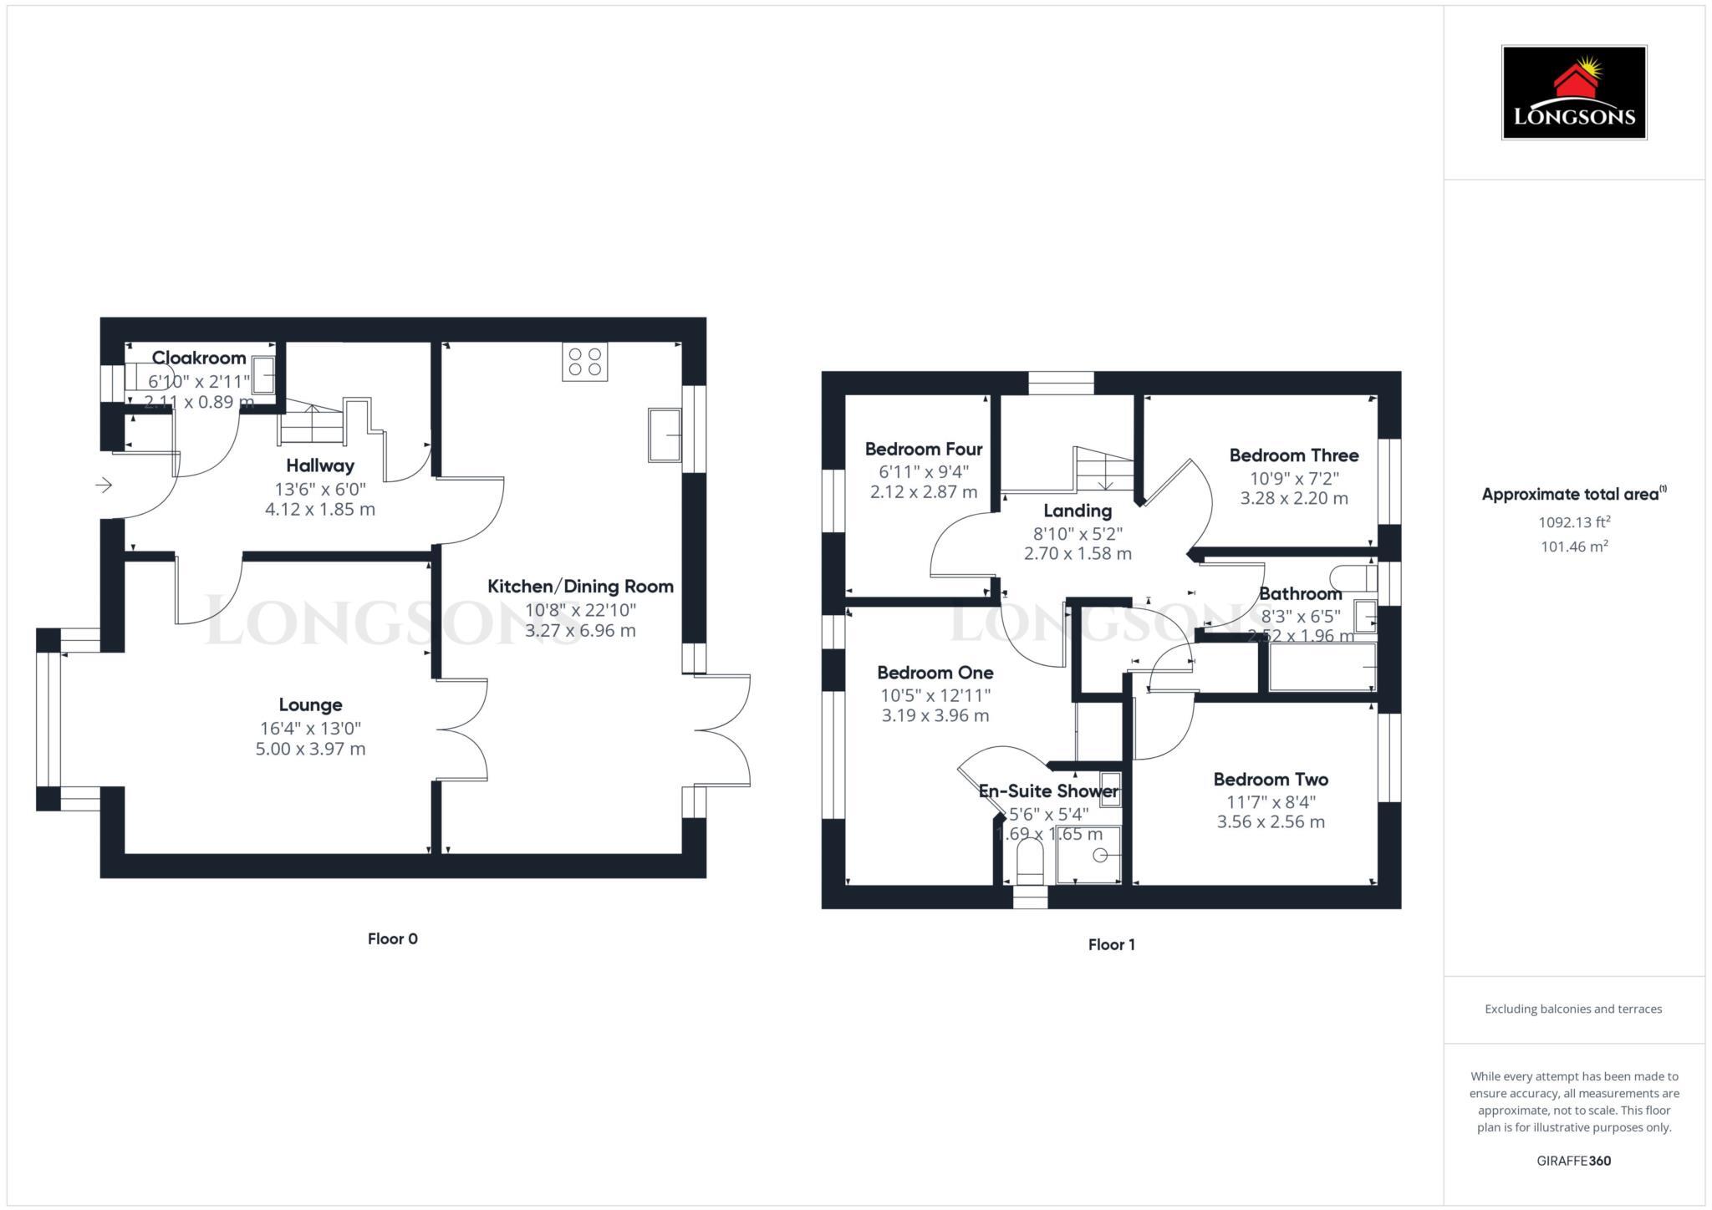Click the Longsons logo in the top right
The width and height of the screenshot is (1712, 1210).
click(x=1573, y=92)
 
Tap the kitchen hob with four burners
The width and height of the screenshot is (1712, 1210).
click(x=584, y=362)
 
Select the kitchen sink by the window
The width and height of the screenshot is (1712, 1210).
click(x=665, y=435)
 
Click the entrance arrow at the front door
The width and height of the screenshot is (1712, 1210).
click(x=104, y=485)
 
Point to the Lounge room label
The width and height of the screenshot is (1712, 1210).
click(x=310, y=704)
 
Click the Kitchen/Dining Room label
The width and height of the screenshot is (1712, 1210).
click(x=580, y=587)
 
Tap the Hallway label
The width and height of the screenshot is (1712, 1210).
click(x=320, y=465)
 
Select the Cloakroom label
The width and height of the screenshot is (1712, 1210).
click(x=199, y=358)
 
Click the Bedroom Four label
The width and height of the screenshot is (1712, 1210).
click(x=923, y=449)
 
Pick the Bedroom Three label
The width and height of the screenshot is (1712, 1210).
click(x=1293, y=455)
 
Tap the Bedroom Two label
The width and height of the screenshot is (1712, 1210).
click(x=1271, y=779)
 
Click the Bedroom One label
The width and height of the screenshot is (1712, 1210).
click(x=935, y=672)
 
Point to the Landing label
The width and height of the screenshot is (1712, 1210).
click(x=1078, y=511)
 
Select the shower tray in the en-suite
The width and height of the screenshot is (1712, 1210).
click(x=1088, y=855)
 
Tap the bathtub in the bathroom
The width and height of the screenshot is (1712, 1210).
click(x=1322, y=667)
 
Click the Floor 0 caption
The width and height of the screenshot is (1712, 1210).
click(x=392, y=938)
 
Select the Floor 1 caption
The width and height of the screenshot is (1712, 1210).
click(x=1111, y=944)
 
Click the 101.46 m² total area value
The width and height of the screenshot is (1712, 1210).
click(x=1574, y=547)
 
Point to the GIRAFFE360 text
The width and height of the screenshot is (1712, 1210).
click(x=1573, y=1161)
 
